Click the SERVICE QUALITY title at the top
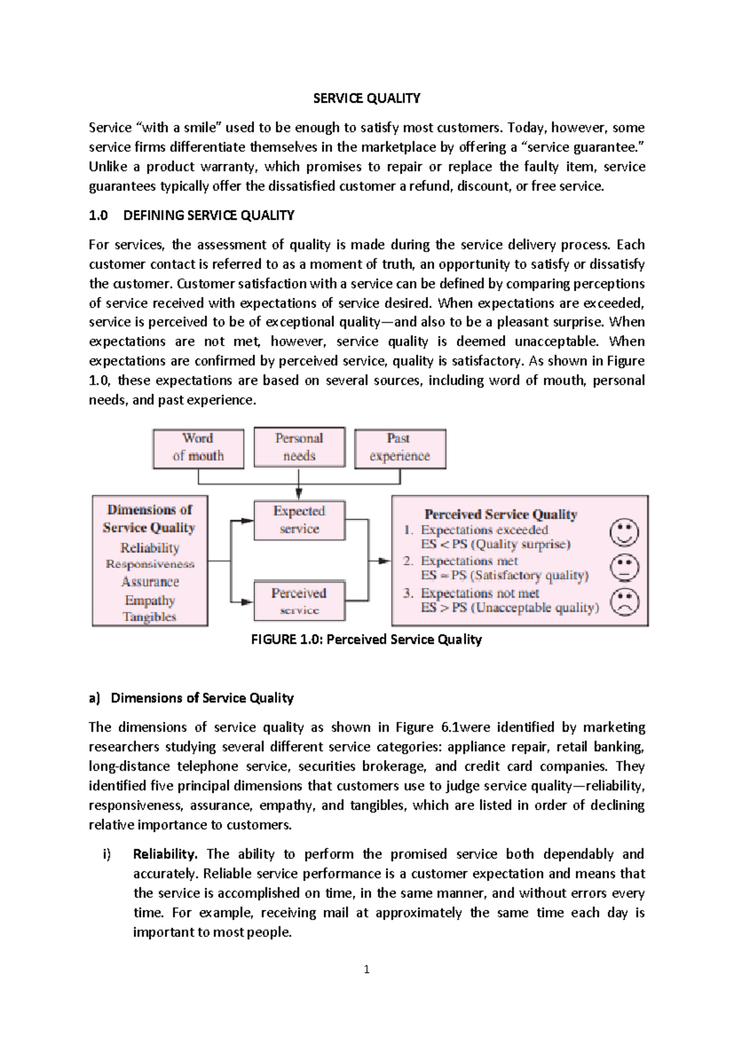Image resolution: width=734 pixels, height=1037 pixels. pos(366,98)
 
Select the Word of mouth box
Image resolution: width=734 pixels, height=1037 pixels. pos(198,448)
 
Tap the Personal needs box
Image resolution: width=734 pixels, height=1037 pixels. pos(299,447)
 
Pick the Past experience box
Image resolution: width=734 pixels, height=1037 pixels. pos(399,448)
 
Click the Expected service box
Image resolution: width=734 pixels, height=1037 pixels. pos(299,520)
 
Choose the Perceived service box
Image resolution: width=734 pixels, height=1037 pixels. pos(299,600)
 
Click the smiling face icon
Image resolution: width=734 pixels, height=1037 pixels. pos(625,533)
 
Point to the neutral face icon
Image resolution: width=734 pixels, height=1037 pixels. pos(625,567)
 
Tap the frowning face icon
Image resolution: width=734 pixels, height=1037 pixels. pos(625,602)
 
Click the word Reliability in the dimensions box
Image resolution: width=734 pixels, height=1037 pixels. pos(150,548)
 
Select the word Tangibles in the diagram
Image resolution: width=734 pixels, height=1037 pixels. pos(149,616)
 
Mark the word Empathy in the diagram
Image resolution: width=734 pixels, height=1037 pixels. pos(150,600)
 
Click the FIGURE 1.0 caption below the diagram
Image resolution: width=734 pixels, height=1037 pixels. pos(366,640)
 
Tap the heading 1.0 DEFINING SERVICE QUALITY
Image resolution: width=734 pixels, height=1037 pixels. pos(191,215)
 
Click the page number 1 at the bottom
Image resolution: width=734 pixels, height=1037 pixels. pos(366,969)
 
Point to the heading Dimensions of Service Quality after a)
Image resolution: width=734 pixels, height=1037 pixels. pos(202,698)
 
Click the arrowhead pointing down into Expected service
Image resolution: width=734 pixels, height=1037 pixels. pos(298,493)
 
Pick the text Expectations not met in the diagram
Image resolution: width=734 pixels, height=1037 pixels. pos(480,593)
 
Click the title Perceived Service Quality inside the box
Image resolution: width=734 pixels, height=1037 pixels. pos(500,514)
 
